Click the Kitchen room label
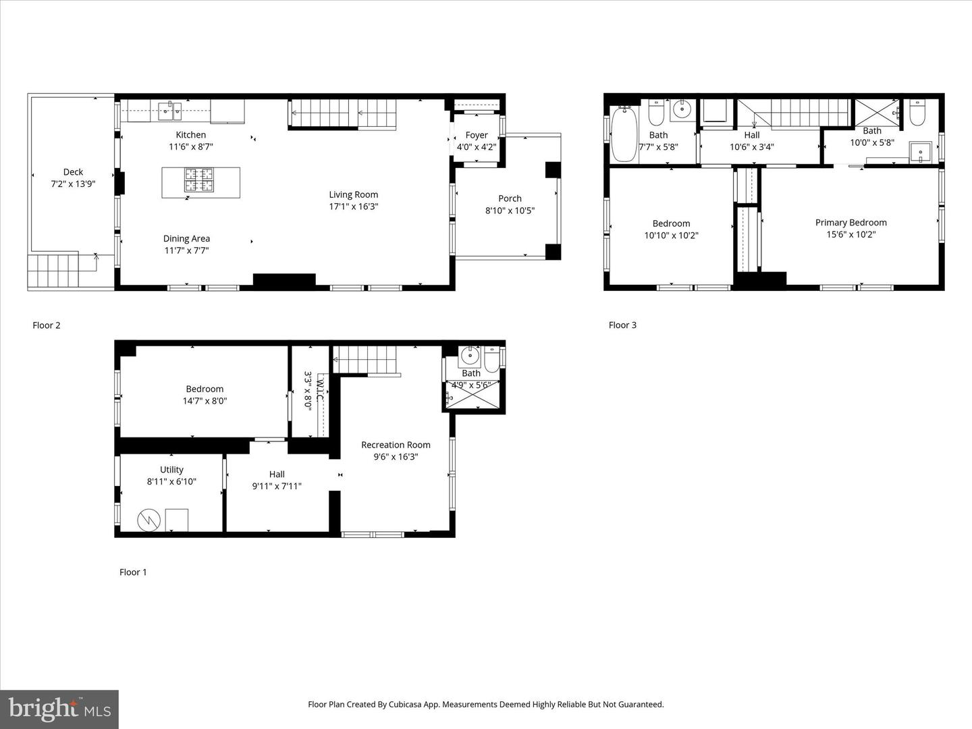[191, 135]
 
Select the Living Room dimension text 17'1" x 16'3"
[354, 207]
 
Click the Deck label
[73, 172]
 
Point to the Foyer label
[477, 135]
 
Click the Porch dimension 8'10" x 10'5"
[510, 211]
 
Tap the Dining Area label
[186, 238]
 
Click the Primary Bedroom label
[850, 223]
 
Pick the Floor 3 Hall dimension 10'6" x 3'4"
[751, 147]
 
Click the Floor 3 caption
[622, 325]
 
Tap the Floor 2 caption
[47, 325]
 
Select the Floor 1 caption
[133, 572]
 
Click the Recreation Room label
[396, 445]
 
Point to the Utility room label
[171, 470]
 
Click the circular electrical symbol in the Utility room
[146, 520]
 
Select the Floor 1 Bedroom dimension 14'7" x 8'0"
[205, 401]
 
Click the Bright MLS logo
[59, 709]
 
